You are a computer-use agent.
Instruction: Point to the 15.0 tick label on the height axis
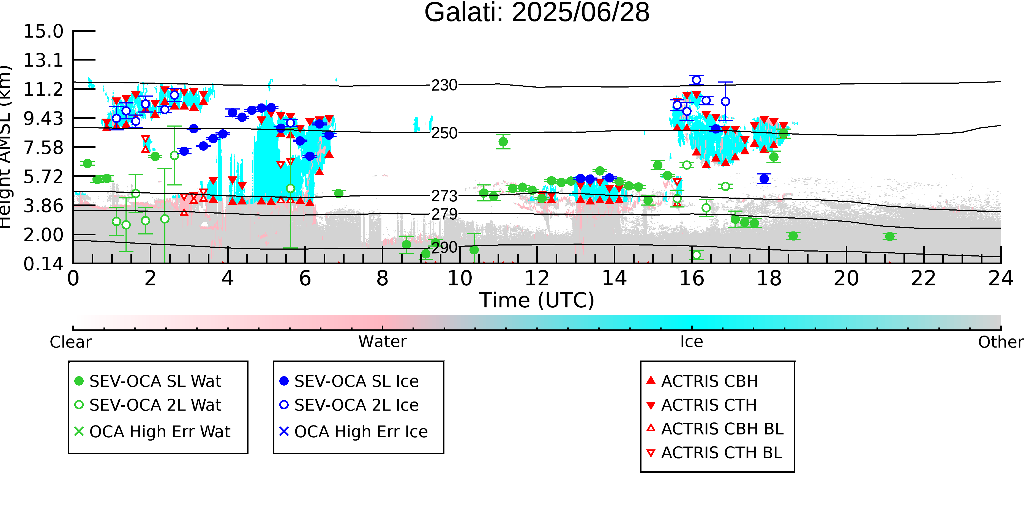43,31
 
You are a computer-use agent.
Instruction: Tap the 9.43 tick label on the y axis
43,119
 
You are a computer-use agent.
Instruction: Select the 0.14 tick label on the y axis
43,264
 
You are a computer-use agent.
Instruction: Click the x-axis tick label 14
614,279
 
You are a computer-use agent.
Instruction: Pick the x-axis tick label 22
923,279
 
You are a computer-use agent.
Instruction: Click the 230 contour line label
444,85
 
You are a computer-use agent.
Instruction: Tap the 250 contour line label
444,133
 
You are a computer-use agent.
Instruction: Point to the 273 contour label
444,196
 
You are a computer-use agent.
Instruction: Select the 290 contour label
444,248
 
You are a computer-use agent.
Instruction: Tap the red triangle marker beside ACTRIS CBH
651,380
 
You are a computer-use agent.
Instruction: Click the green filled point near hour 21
890,236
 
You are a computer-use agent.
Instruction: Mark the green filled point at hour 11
503,142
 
